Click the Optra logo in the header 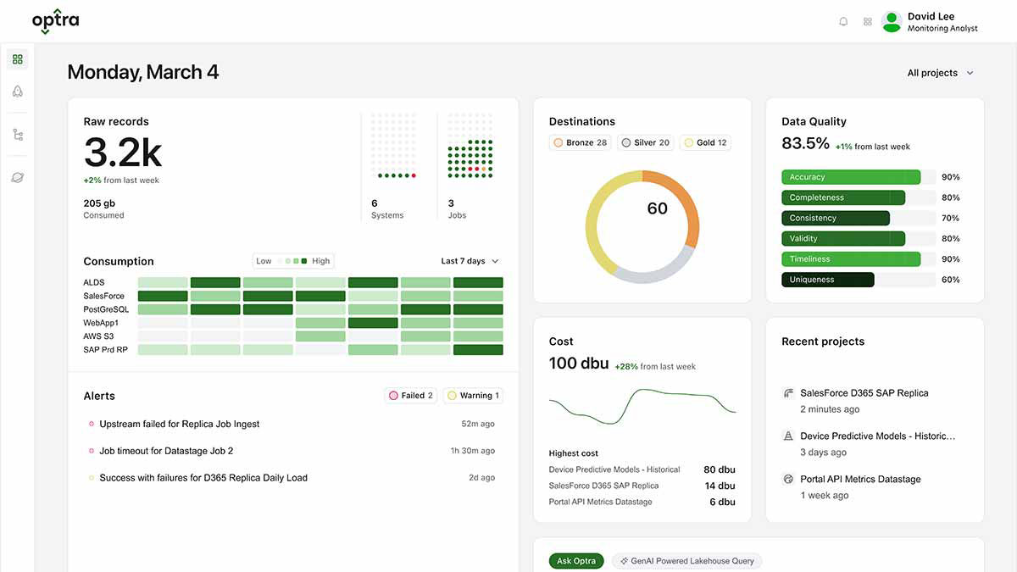(x=55, y=21)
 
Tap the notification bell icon (x=843, y=22)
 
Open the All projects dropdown (x=940, y=73)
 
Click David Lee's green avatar (x=891, y=22)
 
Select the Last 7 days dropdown (x=470, y=261)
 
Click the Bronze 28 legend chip (x=581, y=142)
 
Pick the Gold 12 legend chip (x=706, y=142)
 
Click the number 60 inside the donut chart (x=657, y=208)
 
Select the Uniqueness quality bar (x=827, y=280)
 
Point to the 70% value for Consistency (x=950, y=219)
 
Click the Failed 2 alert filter (x=411, y=396)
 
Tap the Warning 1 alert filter (x=474, y=396)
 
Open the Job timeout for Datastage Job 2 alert (x=166, y=451)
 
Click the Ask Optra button (x=576, y=561)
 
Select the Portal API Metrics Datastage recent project (x=860, y=480)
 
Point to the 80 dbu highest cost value (x=720, y=469)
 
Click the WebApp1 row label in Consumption (x=101, y=323)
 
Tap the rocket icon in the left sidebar (x=17, y=92)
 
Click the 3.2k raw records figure (x=123, y=153)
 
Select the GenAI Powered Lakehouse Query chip (x=686, y=561)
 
